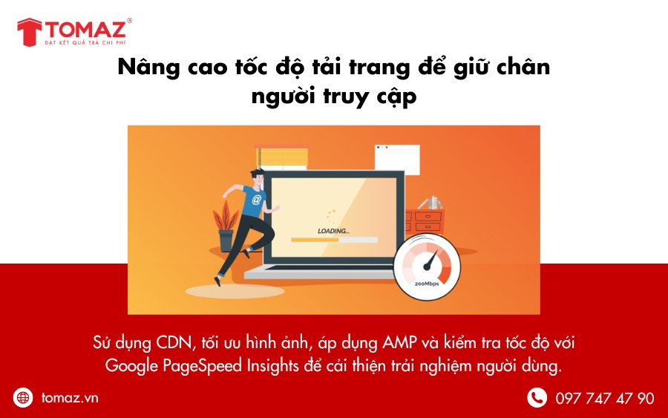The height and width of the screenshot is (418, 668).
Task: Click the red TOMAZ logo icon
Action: click(30, 31)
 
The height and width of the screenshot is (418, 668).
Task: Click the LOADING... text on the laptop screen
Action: click(333, 231)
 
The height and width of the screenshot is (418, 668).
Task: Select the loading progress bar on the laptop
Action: click(334, 240)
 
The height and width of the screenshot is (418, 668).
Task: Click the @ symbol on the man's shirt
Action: click(257, 199)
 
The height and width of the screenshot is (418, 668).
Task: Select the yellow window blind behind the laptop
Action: click(281, 157)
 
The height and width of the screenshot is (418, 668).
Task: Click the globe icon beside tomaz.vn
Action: click(24, 398)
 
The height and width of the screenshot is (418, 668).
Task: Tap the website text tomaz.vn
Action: click(70, 398)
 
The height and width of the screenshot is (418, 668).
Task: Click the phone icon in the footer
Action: click(537, 398)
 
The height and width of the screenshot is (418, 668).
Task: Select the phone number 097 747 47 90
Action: click(605, 398)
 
